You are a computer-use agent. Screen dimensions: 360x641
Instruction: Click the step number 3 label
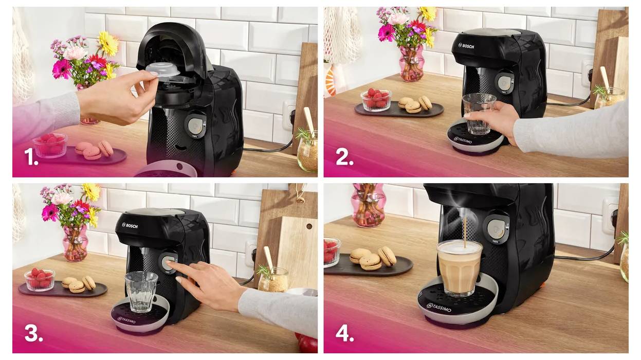tap(33, 333)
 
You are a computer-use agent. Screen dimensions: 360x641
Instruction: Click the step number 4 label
tap(344, 333)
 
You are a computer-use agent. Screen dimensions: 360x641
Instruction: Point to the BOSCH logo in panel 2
tap(466, 46)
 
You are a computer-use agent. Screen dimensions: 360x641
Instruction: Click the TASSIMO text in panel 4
tap(439, 308)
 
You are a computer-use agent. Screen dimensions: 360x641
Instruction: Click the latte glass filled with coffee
tap(459, 266)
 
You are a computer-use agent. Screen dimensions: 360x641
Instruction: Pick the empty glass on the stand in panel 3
tap(141, 291)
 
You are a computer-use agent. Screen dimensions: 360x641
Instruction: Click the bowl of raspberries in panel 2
tap(376, 100)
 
